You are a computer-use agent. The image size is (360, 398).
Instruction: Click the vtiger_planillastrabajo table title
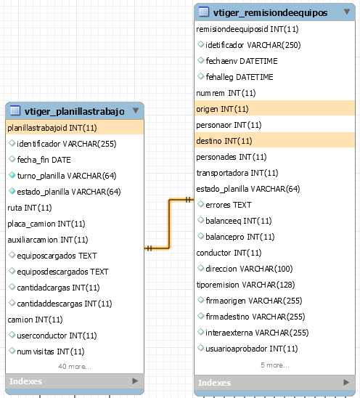[75, 111]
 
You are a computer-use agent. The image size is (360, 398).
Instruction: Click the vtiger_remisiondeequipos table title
[271, 12]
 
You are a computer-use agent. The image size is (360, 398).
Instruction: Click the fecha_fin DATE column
[44, 160]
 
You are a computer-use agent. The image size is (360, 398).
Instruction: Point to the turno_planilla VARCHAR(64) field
[67, 176]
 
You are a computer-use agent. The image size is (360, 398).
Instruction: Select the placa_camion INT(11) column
[46, 224]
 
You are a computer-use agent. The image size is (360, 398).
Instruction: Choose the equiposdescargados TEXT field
[62, 272]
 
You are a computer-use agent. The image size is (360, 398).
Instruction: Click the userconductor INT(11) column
[57, 336]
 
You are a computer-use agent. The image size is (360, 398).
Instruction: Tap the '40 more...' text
[75, 367]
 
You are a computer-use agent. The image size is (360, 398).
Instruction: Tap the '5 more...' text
[275, 365]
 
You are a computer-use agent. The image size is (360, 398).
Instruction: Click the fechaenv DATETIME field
[242, 61]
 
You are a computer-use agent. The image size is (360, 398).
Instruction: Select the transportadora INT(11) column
[237, 173]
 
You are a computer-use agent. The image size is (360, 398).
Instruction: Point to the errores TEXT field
[229, 205]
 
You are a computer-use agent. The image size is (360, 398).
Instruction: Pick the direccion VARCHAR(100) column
[249, 269]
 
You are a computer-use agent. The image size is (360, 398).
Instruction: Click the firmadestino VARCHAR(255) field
[255, 317]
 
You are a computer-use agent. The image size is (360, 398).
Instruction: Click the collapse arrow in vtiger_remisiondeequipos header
[347, 12]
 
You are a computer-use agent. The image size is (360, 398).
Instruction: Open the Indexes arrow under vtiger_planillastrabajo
[135, 381]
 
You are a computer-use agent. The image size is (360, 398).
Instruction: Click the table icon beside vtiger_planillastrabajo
[15, 110]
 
